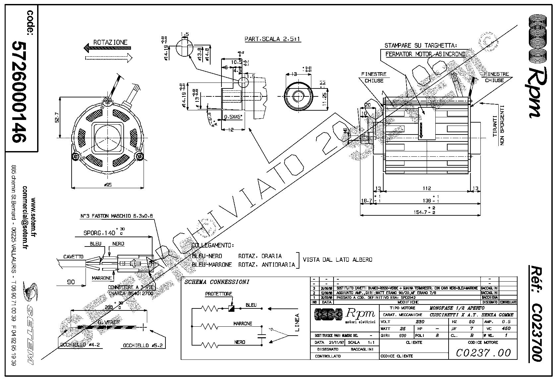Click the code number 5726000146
19,92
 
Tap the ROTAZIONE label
110,42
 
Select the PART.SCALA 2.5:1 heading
273,39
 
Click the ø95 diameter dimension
108,185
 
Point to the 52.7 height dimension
57,118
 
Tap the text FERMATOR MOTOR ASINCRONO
425,54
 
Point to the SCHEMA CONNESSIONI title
217,282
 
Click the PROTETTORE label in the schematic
218,294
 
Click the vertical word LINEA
297,322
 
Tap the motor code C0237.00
483,353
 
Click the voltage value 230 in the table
420,322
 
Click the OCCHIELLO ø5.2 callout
144,346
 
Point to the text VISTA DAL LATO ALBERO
338,259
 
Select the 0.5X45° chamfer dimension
233,117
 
